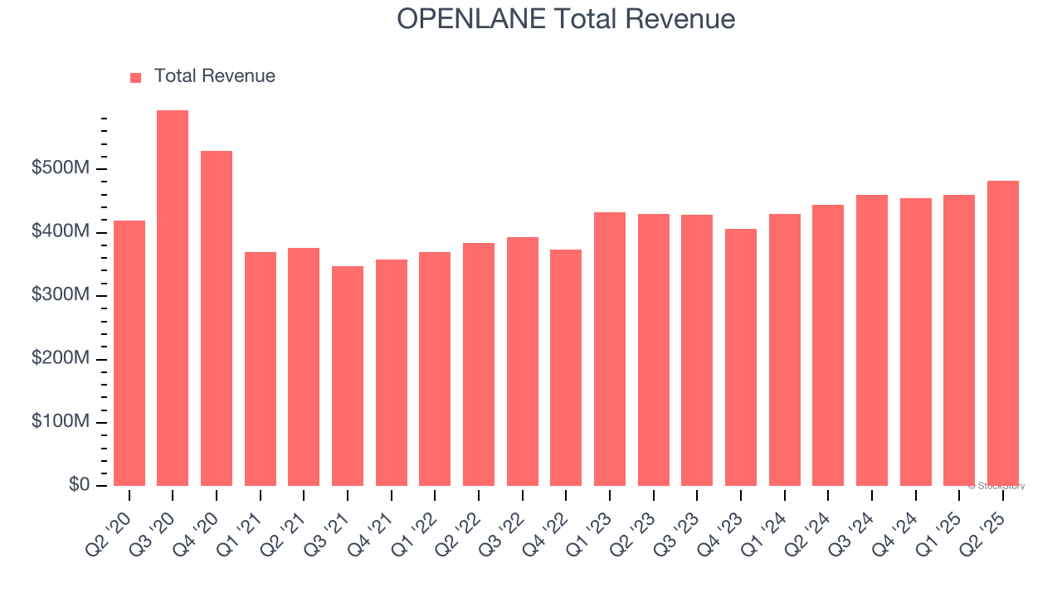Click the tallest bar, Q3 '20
tap(173, 298)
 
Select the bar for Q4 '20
tap(217, 318)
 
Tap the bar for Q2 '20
tap(129, 353)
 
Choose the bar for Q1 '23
tap(610, 349)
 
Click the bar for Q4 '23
tap(741, 357)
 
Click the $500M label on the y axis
tap(61, 169)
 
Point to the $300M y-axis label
tap(61, 296)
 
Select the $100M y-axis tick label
tap(61, 422)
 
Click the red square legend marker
tap(136, 78)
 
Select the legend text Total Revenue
tap(214, 76)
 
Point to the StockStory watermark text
tap(996, 486)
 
